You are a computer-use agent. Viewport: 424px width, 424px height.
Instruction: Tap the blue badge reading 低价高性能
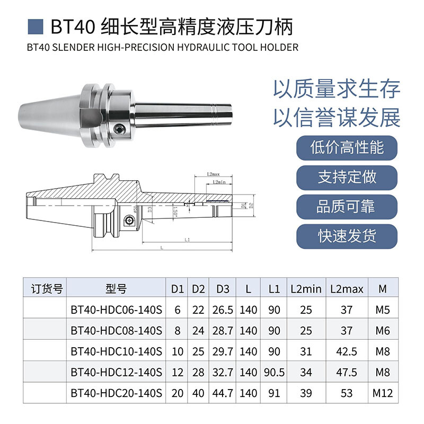pos(347,147)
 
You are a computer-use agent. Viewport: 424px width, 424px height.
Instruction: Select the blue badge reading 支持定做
pos(347,176)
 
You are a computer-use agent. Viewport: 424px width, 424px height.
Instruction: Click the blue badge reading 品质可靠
pos(347,206)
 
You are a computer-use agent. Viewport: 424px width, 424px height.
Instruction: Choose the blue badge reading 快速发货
pos(347,236)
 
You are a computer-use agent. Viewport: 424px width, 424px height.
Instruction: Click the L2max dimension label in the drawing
pos(214,174)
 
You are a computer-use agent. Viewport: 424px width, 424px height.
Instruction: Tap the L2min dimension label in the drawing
pos(218,182)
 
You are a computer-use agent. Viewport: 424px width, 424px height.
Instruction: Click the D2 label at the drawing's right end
pos(252,205)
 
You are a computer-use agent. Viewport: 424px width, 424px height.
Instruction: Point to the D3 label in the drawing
pos(151,209)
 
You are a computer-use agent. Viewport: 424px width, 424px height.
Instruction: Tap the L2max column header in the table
pos(347,289)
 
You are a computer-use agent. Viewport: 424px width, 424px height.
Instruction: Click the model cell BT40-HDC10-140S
pos(116,352)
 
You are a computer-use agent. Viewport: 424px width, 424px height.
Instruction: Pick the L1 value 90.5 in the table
pos(274,373)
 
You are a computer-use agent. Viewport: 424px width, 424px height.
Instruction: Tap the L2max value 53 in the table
pos(347,393)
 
